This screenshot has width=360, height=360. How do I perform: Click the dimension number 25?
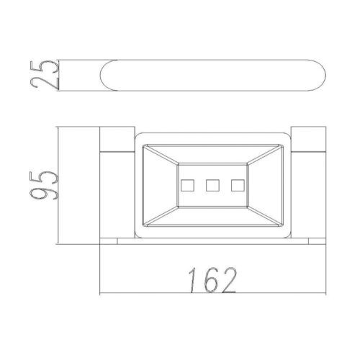[45, 75]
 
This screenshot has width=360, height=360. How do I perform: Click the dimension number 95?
[44, 185]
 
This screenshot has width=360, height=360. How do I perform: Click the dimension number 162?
[212, 280]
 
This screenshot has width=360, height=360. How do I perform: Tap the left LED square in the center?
[187, 185]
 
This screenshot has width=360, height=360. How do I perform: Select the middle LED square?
[212, 185]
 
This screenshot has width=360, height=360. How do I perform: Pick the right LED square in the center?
[238, 185]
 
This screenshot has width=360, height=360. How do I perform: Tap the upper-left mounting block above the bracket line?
[117, 139]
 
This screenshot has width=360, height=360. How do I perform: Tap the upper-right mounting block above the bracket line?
[308, 139]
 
